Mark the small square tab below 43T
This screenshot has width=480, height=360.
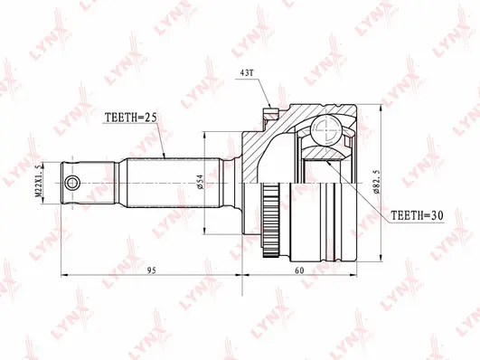268,115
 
